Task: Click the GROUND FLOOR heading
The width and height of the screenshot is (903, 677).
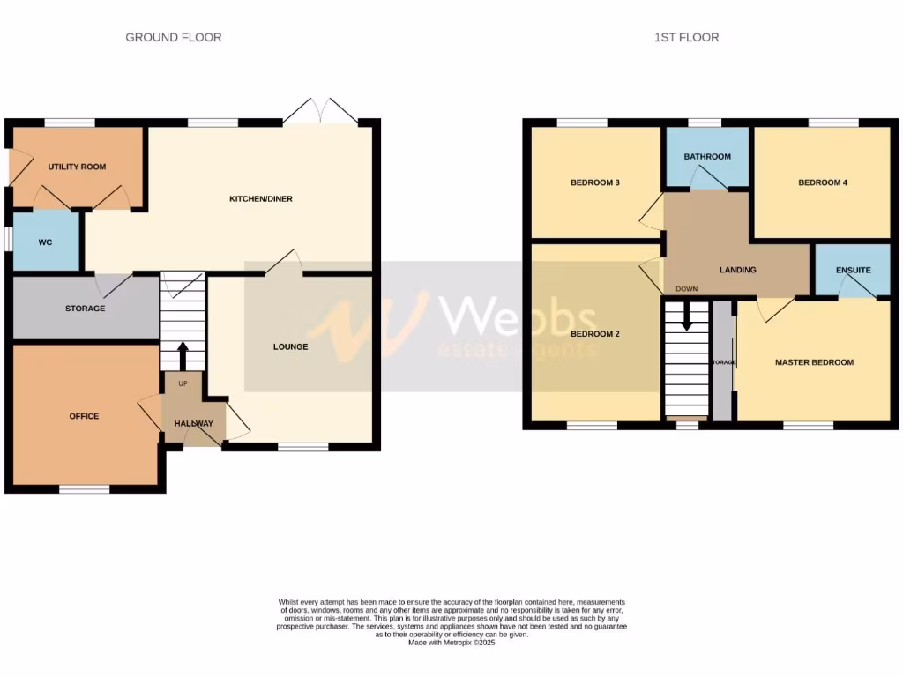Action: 173,37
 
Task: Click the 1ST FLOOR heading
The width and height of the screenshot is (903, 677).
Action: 686,37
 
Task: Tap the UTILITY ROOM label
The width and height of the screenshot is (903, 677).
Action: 77,167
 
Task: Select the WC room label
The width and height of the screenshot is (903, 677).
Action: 46,242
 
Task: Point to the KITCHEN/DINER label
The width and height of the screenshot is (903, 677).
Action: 260,199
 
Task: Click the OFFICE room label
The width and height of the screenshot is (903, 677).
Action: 85,416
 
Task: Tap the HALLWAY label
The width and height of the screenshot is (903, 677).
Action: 193,424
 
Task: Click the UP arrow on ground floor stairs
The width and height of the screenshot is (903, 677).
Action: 183,353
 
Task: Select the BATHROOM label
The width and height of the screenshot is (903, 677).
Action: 707,157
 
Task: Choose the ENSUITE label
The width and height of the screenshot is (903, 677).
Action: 853,271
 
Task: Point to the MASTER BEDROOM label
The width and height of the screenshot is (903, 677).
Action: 814,362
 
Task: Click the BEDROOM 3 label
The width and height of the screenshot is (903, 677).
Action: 595,183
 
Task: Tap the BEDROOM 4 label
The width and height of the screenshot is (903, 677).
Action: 823,183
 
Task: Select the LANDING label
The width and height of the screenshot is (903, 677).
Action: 737,270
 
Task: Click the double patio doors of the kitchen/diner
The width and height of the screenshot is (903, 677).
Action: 322,112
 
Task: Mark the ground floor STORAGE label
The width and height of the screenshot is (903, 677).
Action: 85,309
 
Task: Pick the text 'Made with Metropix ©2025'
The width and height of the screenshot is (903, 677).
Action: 451,643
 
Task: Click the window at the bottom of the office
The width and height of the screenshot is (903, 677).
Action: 85,488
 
